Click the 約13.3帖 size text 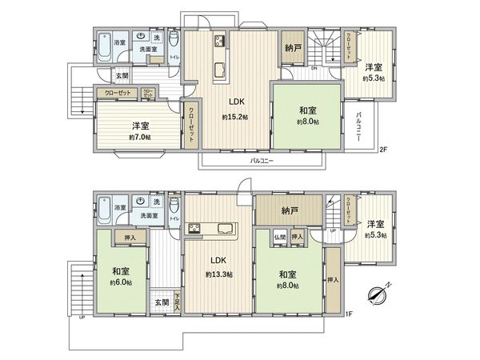click(218, 274)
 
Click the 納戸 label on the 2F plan click(291, 49)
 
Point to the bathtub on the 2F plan click(106, 47)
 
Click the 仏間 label click(279, 238)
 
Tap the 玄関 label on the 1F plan click(162, 302)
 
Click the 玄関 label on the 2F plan click(121, 76)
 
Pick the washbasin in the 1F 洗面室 click(141, 201)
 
